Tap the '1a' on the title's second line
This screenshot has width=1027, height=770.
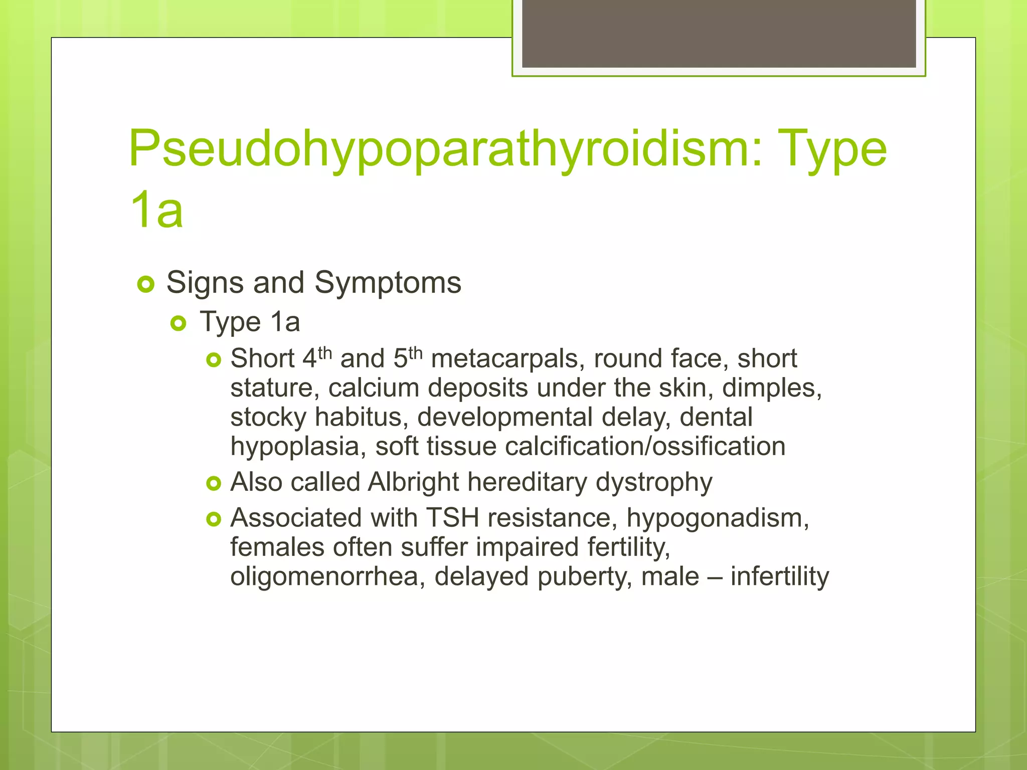[x=156, y=211]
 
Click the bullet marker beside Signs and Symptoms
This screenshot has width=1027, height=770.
[x=145, y=285]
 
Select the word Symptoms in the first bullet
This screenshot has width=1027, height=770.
[x=388, y=283]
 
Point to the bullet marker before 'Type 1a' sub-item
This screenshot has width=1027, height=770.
[x=178, y=323]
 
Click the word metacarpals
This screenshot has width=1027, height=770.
[x=507, y=359]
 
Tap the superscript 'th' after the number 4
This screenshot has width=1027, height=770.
[x=325, y=352]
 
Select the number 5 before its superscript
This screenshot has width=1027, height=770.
[x=400, y=359]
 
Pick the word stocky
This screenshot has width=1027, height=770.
[x=268, y=418]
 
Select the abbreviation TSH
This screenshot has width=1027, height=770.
[x=452, y=518]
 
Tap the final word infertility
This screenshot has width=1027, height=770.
[x=779, y=576]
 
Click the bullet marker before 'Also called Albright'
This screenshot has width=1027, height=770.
[x=214, y=483]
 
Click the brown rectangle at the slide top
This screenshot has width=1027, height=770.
[x=719, y=33]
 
